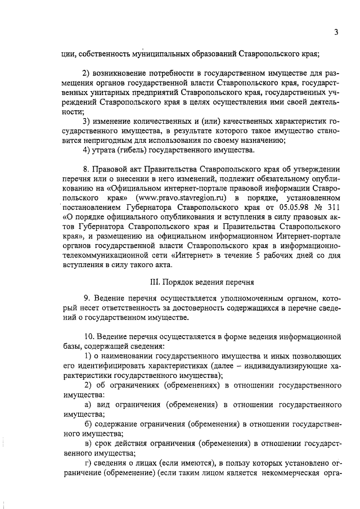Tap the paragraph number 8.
[86, 168]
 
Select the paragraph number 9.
[86, 296]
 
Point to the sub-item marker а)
[88, 405]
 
